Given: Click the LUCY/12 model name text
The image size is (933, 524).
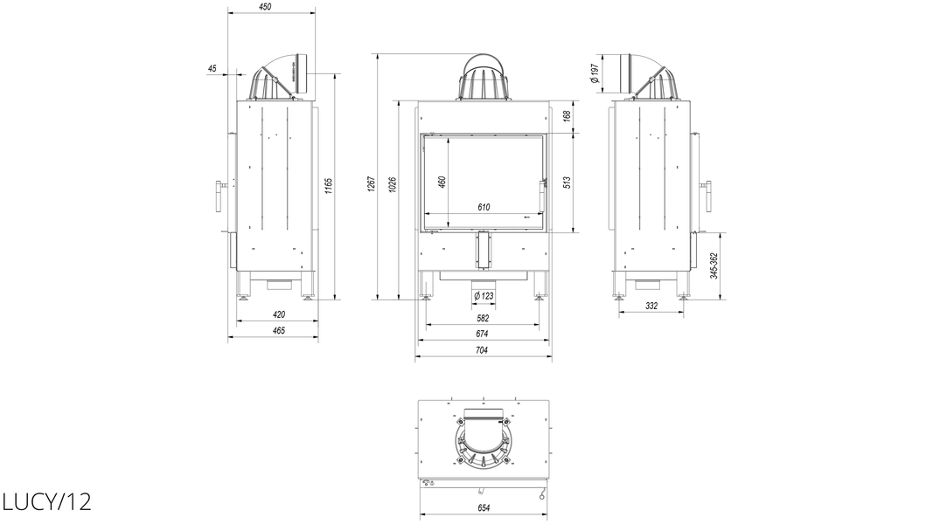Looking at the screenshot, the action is [x=46, y=502].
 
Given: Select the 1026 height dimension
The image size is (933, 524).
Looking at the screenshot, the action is [x=392, y=184].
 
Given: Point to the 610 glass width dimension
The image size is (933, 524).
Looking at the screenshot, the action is [x=484, y=207].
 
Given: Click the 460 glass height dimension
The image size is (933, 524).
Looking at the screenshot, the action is [x=442, y=182].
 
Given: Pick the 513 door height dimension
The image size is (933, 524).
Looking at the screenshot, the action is [x=567, y=182].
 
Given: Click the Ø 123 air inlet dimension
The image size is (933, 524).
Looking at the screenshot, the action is [x=484, y=296].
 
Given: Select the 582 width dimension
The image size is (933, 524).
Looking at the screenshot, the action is [x=483, y=319].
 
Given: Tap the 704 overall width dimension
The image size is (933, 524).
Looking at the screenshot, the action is [x=482, y=350].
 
